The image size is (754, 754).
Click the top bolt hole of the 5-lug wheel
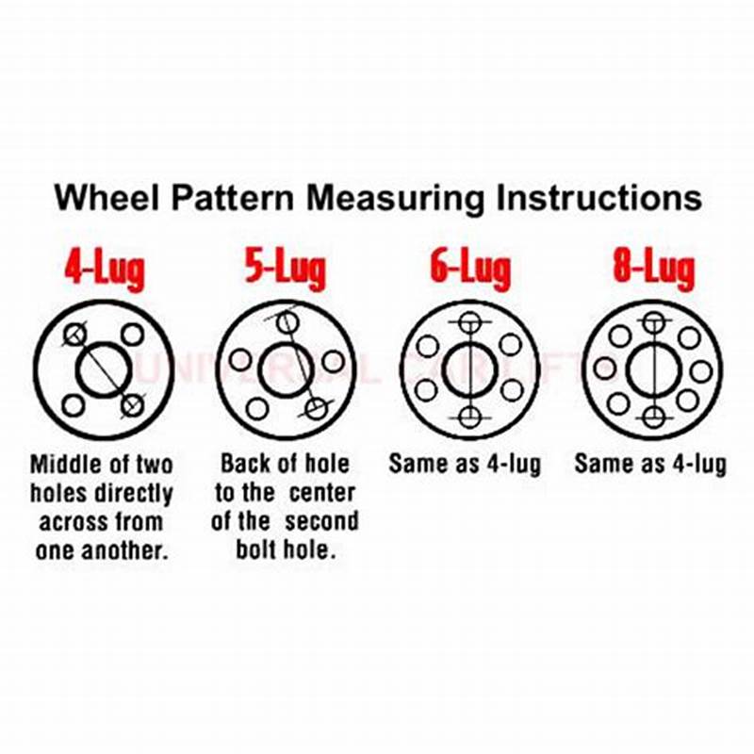tap(288, 322)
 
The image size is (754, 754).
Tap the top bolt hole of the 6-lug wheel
tap(468, 322)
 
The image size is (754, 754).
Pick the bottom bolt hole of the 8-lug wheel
tap(653, 416)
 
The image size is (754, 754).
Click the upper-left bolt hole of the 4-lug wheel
tap(74, 335)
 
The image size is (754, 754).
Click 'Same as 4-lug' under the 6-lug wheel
tap(466, 465)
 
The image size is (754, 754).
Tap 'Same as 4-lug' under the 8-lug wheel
tap(650, 465)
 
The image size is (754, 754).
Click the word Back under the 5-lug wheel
tap(246, 465)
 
